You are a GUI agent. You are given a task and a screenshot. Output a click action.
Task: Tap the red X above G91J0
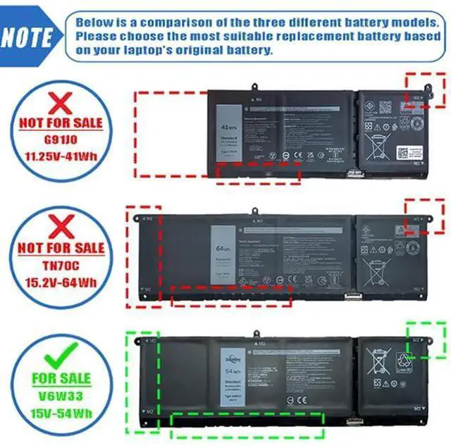(62, 103)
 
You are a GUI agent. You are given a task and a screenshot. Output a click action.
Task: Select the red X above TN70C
(63, 227)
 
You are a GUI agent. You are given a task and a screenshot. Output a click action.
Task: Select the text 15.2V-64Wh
(63, 282)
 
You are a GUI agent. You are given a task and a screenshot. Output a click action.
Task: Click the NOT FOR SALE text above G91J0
(61, 123)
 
